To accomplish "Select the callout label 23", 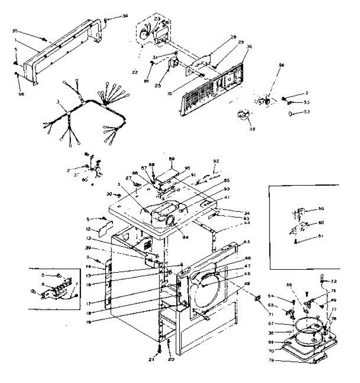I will (157, 19).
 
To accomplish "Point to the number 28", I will (233, 37).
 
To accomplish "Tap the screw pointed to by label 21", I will (159, 350).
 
